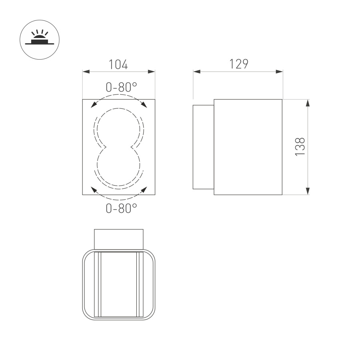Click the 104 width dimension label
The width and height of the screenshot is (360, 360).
pyautogui.click(x=118, y=64)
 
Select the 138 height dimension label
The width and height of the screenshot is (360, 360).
pyautogui.click(x=301, y=147)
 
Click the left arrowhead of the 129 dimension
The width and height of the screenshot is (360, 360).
pyautogui.click(x=196, y=72)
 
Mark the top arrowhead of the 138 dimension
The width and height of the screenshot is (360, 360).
pyautogui.click(x=307, y=103)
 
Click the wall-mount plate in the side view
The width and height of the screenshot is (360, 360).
pyautogui.click(x=203, y=147)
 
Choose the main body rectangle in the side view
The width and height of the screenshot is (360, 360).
pyautogui.click(x=248, y=147)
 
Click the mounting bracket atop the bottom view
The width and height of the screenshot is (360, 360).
pyautogui.click(x=118, y=239)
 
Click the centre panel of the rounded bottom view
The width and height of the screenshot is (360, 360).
pyautogui.click(x=118, y=285)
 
